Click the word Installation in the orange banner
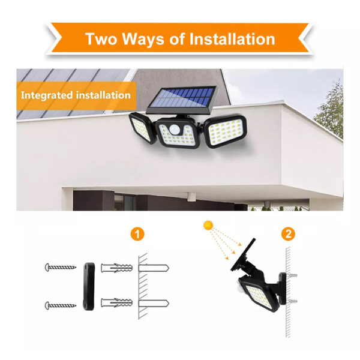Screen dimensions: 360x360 click(x=232, y=39)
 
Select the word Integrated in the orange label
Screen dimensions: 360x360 click(x=47, y=95)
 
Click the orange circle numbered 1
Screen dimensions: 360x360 click(x=137, y=234)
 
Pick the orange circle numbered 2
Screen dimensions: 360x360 click(x=289, y=234)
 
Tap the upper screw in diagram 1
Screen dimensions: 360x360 click(x=61, y=267)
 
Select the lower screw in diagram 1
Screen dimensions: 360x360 click(x=61, y=305)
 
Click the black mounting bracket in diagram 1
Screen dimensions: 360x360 click(x=89, y=287)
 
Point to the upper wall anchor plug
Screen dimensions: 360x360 click(x=116, y=268)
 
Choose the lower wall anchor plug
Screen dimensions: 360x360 click(x=116, y=303)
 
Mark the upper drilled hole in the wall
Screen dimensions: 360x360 click(x=154, y=268)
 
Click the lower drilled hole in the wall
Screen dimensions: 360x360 click(x=154, y=303)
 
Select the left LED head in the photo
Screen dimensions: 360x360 click(x=140, y=128)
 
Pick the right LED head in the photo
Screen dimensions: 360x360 click(x=226, y=131)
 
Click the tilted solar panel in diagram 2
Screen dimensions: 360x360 click(x=244, y=254)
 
